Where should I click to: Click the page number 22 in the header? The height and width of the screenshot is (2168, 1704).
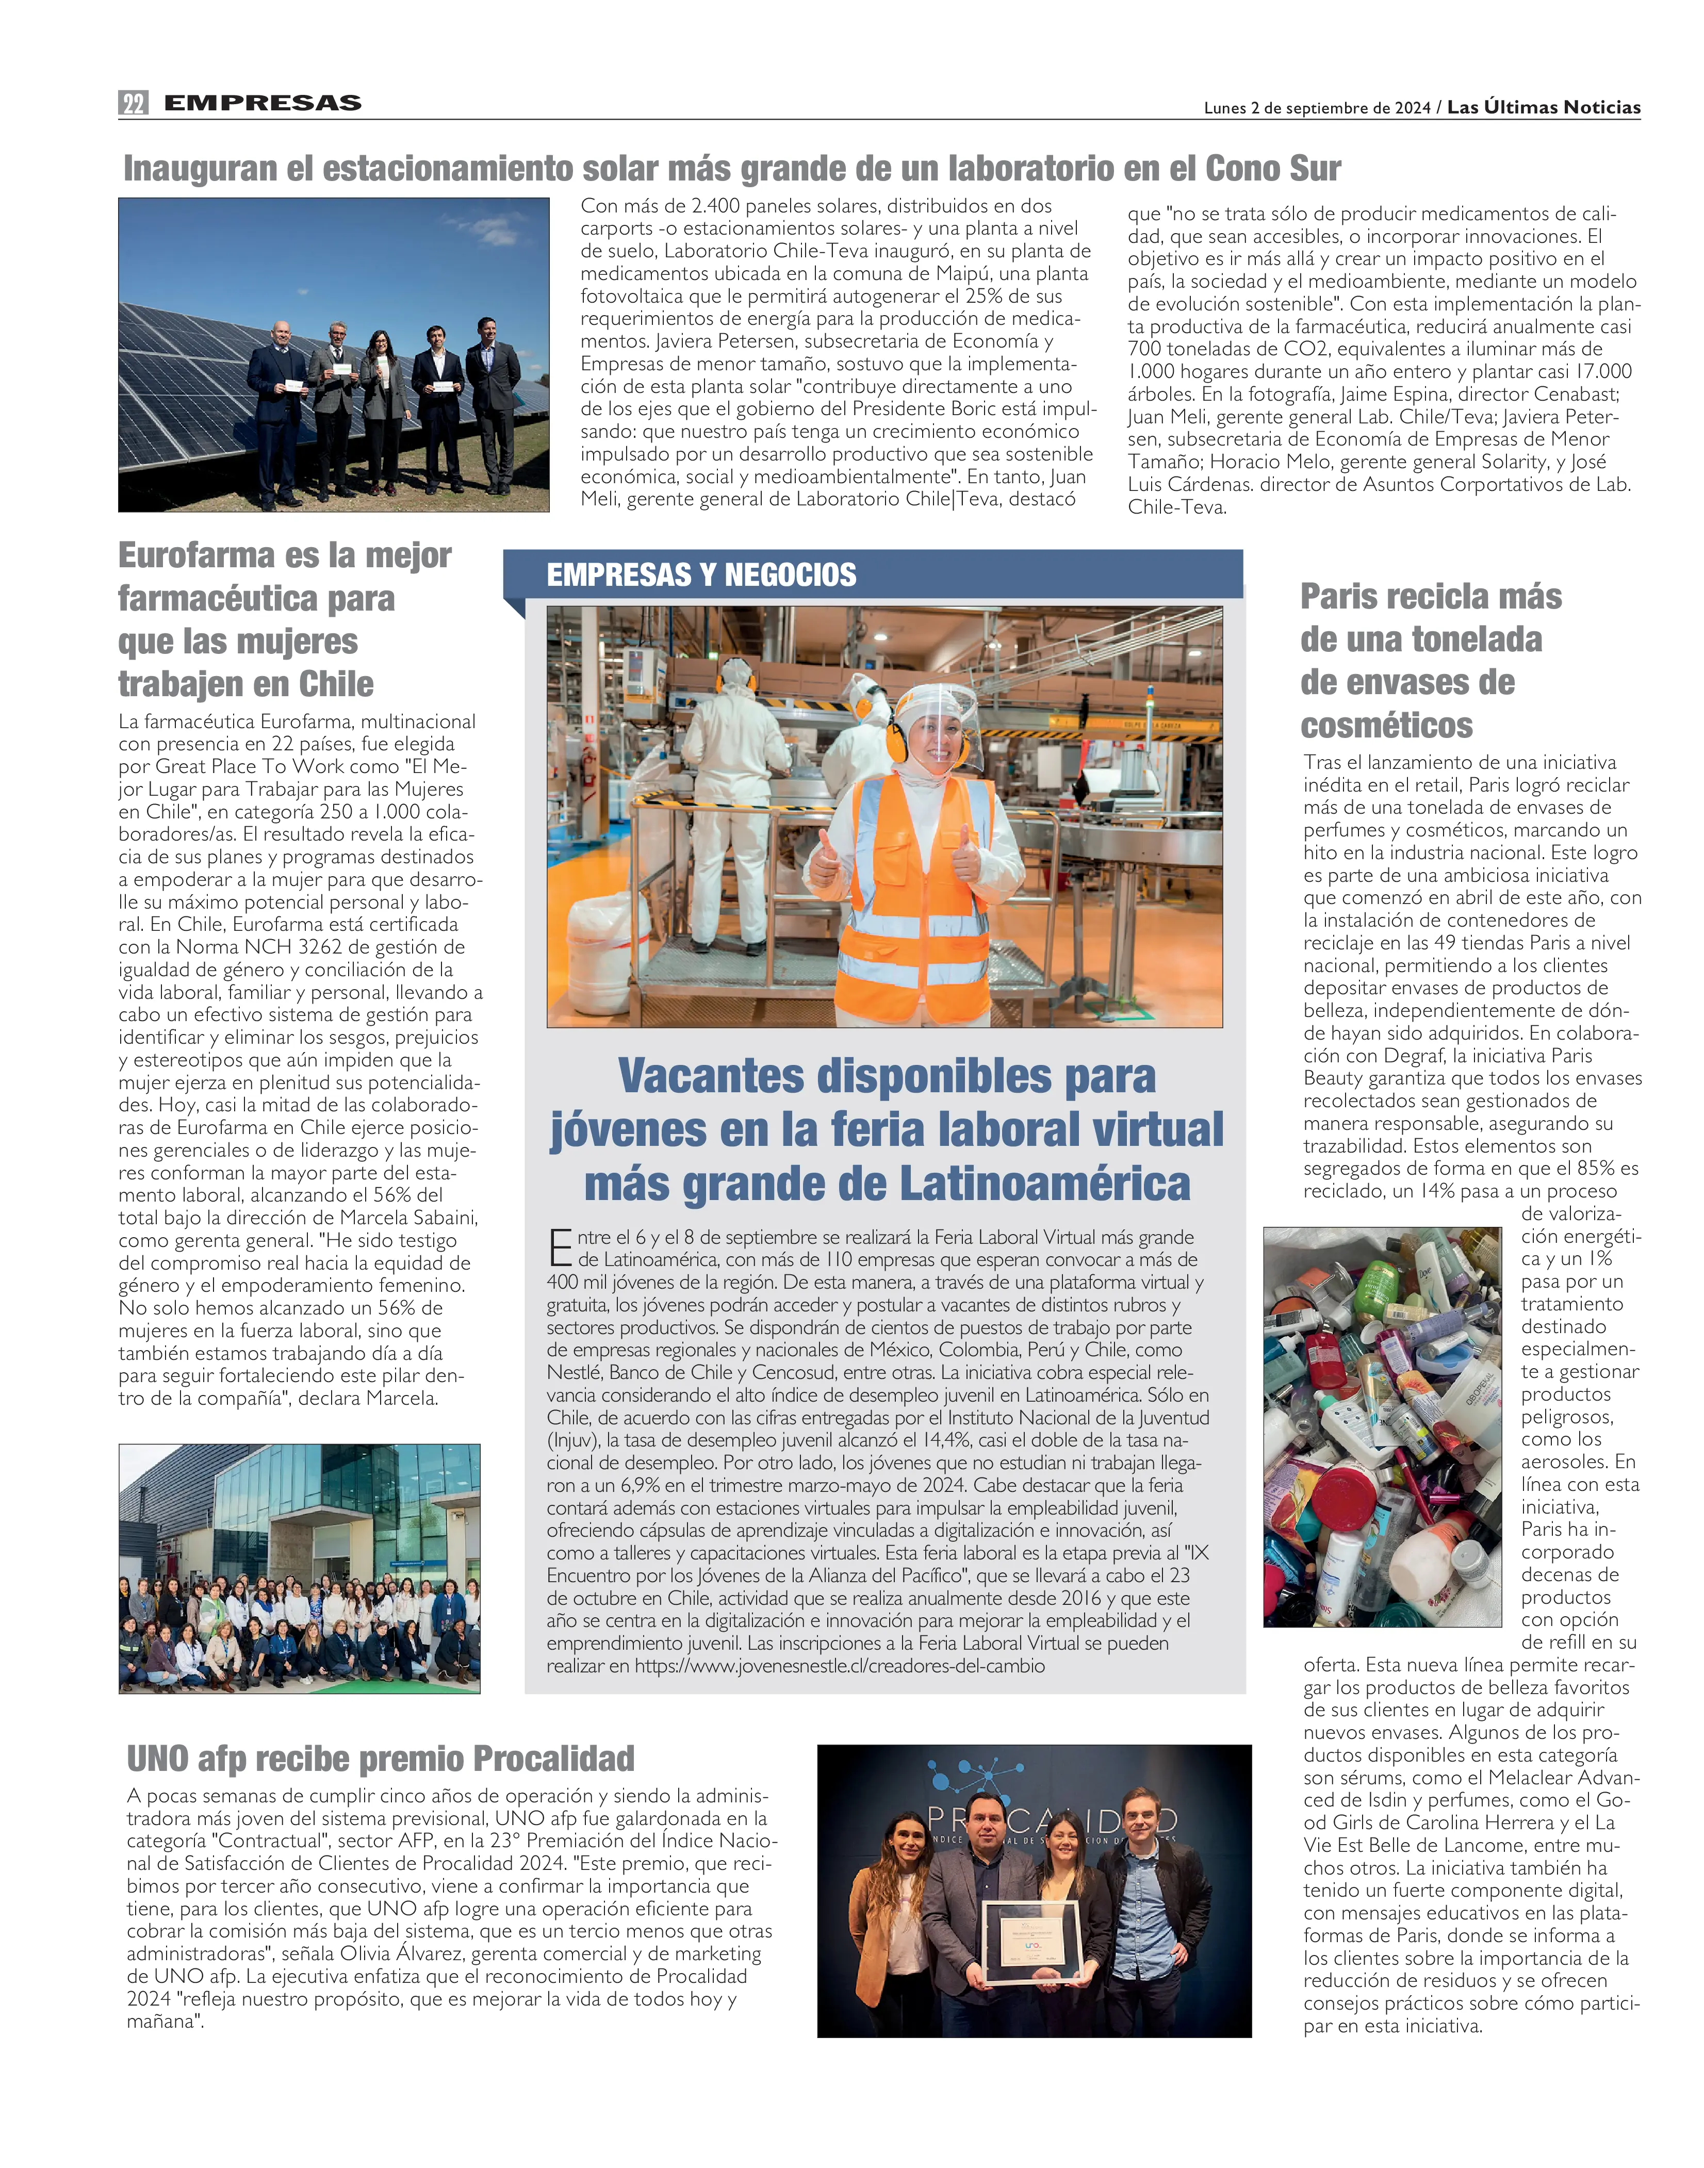[133, 103]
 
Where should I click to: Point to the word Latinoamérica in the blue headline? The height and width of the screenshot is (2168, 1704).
[1043, 1184]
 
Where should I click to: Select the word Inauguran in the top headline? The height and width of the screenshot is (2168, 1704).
[200, 169]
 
